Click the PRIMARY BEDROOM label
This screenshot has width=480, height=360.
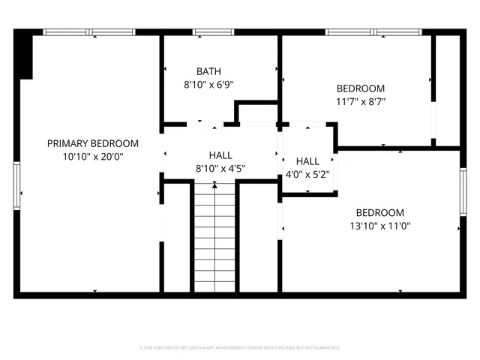click(93, 143)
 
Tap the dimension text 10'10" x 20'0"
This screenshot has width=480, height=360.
click(93, 157)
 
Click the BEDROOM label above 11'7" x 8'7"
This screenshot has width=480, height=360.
click(360, 88)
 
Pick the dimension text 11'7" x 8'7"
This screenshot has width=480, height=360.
click(360, 101)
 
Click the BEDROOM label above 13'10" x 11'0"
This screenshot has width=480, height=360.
click(379, 212)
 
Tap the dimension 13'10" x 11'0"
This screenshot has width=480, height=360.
click(379, 226)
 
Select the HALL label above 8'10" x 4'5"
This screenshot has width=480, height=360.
click(220, 154)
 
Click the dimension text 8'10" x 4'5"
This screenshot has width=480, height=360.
click(220, 168)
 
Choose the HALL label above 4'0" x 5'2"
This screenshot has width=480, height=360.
click(307, 161)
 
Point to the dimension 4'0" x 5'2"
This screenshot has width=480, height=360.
click(307, 175)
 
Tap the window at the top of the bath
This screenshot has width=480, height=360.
click(214, 32)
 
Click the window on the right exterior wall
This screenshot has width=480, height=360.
click(463, 193)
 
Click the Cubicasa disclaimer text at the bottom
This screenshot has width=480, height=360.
click(240, 348)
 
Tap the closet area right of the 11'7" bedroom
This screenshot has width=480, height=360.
click(447, 90)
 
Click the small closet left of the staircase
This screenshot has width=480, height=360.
click(177, 236)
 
